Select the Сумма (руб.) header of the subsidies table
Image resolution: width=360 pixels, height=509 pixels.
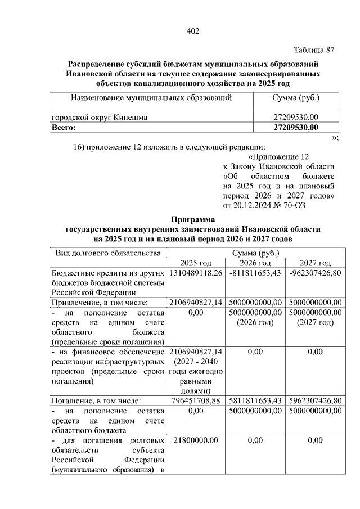pos(296,98)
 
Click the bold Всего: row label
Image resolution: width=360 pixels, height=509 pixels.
pos(64,128)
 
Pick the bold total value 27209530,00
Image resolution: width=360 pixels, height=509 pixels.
pos(296,128)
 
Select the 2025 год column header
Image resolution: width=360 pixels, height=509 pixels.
pos(195,263)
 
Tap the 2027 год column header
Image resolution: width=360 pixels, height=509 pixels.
pos(315,263)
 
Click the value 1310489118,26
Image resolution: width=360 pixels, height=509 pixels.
pos(196,273)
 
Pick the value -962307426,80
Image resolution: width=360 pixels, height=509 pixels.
pos(315,273)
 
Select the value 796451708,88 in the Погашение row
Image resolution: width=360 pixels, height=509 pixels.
pos(196,400)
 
